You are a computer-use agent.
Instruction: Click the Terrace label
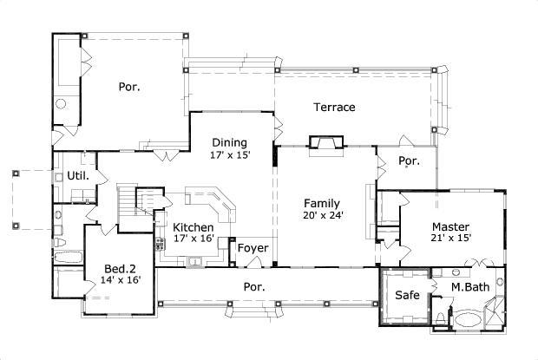click(x=334, y=108)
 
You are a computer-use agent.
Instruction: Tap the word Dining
click(x=229, y=143)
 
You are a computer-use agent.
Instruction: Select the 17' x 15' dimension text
click(x=229, y=155)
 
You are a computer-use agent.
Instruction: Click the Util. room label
click(x=76, y=176)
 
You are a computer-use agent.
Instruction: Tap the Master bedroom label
click(x=450, y=227)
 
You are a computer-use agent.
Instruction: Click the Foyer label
click(x=253, y=249)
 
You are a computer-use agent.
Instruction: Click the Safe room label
click(x=407, y=295)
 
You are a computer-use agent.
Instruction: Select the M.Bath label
click(x=466, y=286)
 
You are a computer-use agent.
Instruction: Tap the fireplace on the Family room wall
click(x=326, y=143)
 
